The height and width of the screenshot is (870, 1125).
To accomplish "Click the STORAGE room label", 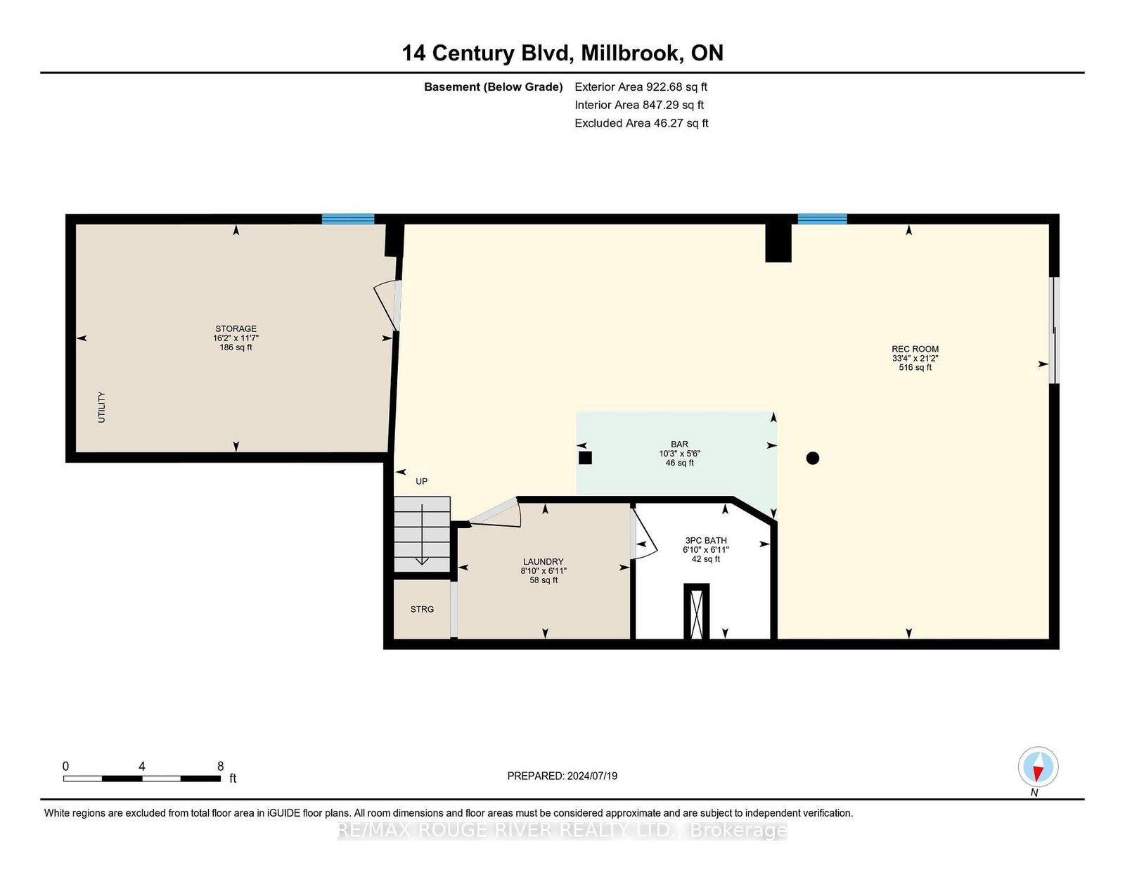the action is (236, 329).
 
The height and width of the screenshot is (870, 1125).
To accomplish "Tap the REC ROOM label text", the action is (915, 349).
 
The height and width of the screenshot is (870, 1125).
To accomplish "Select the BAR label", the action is (679, 444).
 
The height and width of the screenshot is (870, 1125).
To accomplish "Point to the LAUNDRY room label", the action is (543, 562).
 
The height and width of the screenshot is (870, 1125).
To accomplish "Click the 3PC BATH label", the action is (706, 541).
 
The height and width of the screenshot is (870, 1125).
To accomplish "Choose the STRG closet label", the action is (422, 610).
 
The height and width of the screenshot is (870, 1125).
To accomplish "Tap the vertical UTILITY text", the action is (101, 407).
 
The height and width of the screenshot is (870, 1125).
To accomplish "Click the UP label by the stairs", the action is (421, 482).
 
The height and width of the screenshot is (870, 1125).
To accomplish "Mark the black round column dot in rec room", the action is (812, 459).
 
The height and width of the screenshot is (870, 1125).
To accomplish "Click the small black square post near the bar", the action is (585, 458).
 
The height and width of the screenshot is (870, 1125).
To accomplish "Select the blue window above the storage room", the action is (348, 219).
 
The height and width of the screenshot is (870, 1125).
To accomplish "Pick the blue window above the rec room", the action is (822, 219).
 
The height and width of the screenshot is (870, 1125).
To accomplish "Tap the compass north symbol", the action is (1038, 767).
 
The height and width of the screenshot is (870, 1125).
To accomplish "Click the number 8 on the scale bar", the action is (220, 767).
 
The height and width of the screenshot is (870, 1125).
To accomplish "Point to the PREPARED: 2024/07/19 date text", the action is (562, 776).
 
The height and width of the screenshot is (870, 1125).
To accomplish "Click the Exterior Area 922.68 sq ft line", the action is (641, 87).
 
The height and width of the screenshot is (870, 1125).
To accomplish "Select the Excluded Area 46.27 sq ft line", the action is (641, 123).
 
